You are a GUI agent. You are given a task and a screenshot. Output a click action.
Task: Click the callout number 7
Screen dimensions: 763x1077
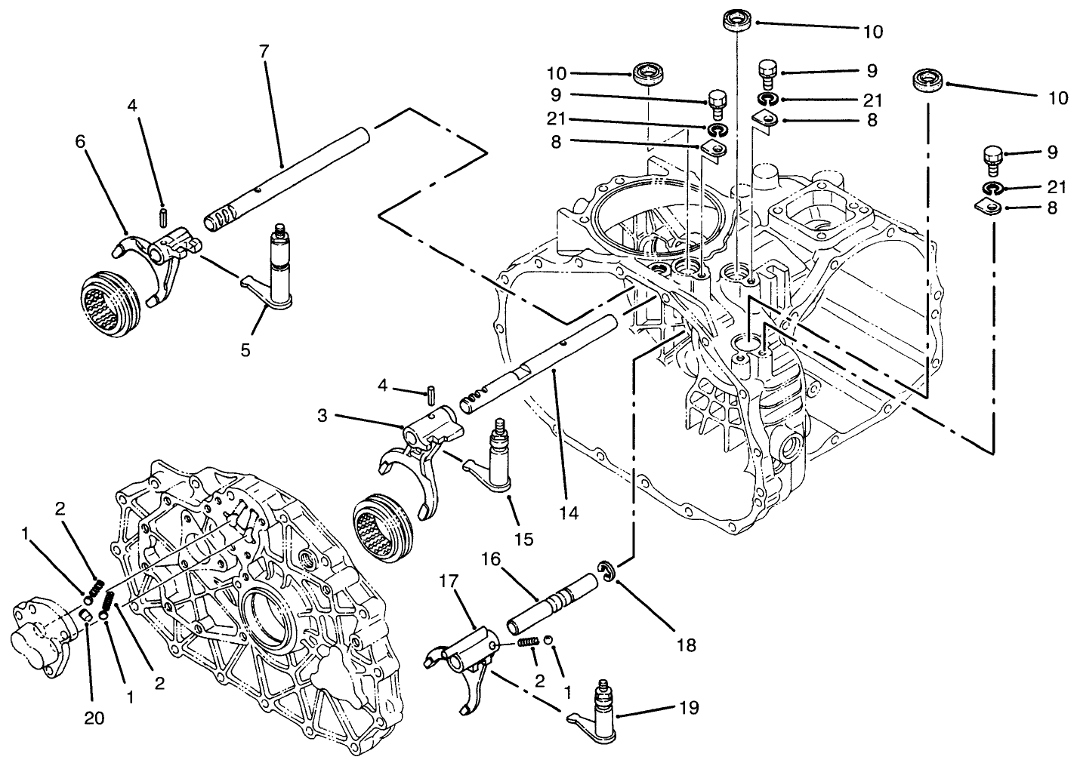pos(263,53)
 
